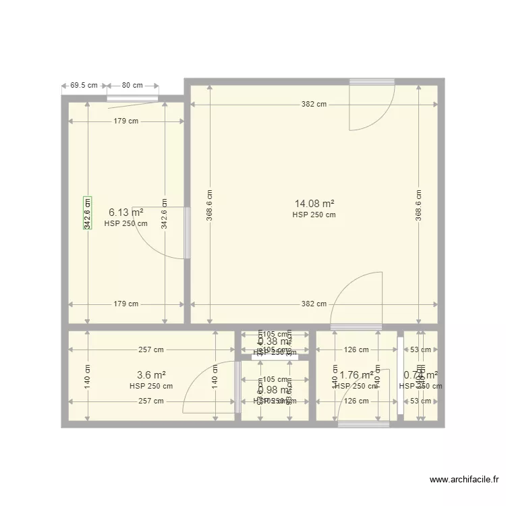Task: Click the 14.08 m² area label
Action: (314, 203)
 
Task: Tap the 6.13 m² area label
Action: (125, 212)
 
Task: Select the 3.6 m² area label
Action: (151, 375)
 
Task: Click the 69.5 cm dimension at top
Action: (84, 86)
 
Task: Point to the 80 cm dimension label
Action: (132, 86)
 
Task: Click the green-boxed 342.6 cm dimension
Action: (87, 213)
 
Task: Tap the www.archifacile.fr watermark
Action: (463, 480)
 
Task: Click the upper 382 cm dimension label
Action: (314, 104)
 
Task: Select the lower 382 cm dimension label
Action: (314, 304)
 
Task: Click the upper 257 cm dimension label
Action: (151, 349)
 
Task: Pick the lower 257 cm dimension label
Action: (151, 401)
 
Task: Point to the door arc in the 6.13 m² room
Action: (159, 233)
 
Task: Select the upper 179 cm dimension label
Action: (126, 121)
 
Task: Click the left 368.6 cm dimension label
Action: (210, 204)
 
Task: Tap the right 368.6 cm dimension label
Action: (419, 204)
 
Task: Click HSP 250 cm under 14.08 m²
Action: (314, 215)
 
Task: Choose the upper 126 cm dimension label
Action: (356, 349)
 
